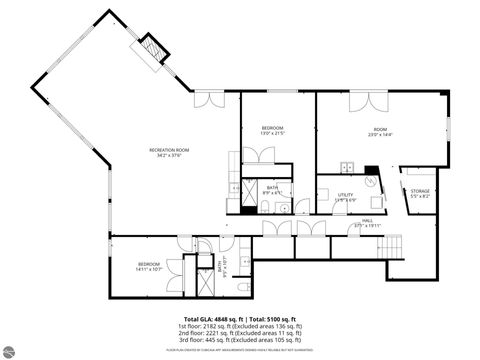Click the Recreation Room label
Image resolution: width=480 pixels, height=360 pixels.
172,152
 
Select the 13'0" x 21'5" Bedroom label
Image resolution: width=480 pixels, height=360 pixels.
273,130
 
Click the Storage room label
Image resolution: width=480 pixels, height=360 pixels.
420,194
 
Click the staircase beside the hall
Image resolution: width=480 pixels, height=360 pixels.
394,248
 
